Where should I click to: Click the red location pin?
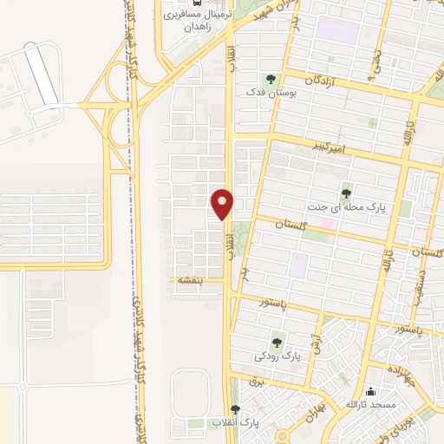[x=222, y=203]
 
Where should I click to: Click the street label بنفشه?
[x=190, y=280]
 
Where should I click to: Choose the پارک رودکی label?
[x=277, y=356]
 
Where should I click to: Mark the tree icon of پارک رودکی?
[x=277, y=341]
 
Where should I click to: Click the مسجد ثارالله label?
[x=370, y=405]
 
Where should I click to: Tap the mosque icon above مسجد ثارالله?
[x=370, y=391]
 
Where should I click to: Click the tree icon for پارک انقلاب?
[x=235, y=408]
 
